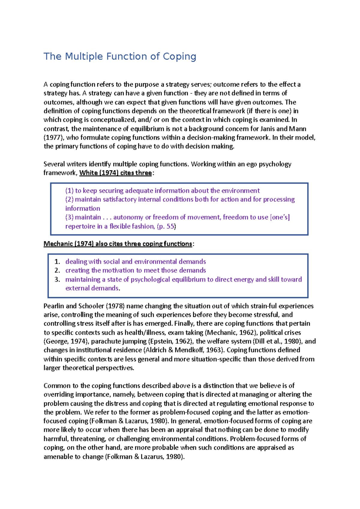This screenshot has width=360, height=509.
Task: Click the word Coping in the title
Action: tap(179, 56)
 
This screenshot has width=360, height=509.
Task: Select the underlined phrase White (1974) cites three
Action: tap(115, 173)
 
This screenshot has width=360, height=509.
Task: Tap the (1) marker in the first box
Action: tap(69, 191)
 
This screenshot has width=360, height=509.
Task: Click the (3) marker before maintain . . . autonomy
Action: tap(69, 217)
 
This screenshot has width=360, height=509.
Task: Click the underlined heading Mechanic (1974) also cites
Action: tap(118, 244)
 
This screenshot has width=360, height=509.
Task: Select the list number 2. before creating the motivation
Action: tap(57, 270)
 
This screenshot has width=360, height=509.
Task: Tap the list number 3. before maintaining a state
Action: tap(57, 279)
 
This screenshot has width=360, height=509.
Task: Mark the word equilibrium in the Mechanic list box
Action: tap(183, 279)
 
